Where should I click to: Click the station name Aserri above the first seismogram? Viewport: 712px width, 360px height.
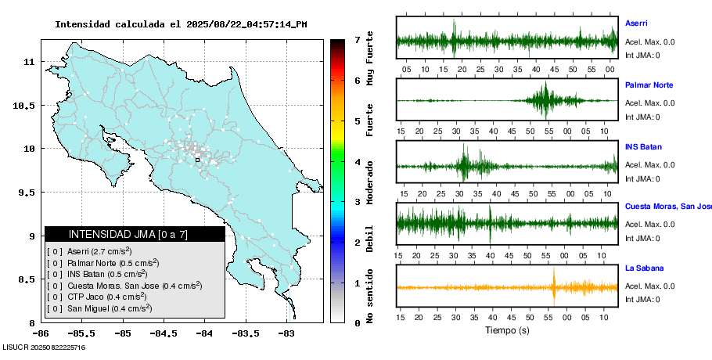(x=636, y=23)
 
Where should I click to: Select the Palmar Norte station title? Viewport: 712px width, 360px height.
(x=649, y=85)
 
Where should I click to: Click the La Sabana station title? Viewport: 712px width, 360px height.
(x=644, y=268)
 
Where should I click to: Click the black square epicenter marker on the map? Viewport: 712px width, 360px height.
(x=197, y=160)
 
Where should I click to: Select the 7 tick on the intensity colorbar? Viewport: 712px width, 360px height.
(x=357, y=39)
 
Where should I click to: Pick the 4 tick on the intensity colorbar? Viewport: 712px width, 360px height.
(x=357, y=162)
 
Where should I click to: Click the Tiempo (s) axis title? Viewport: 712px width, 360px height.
(x=507, y=331)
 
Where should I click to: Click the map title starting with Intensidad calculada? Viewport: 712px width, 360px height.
(x=181, y=24)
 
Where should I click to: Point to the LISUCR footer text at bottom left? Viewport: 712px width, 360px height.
(x=44, y=347)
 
